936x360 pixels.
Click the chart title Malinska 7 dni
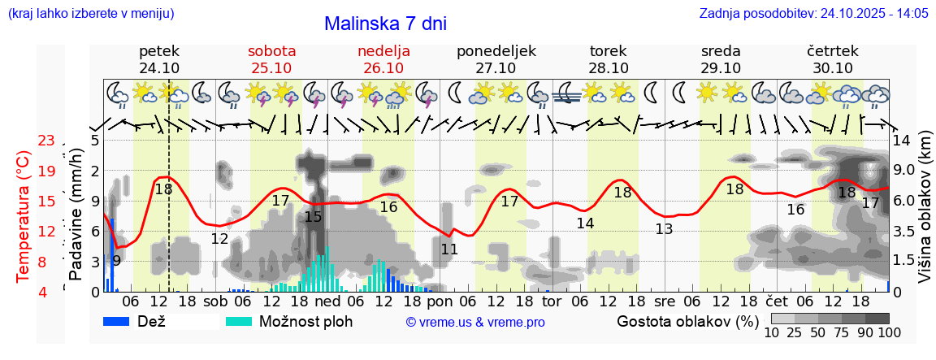[385, 24]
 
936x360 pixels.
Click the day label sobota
[271, 50]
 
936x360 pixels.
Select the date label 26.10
[383, 68]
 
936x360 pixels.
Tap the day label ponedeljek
[496, 50]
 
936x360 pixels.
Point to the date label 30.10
[833, 68]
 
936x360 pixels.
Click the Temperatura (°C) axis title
[24, 215]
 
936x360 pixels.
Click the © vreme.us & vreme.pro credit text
[475, 322]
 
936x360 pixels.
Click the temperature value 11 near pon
[449, 249]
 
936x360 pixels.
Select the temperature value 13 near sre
[664, 229]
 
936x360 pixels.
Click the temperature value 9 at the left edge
[116, 261]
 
